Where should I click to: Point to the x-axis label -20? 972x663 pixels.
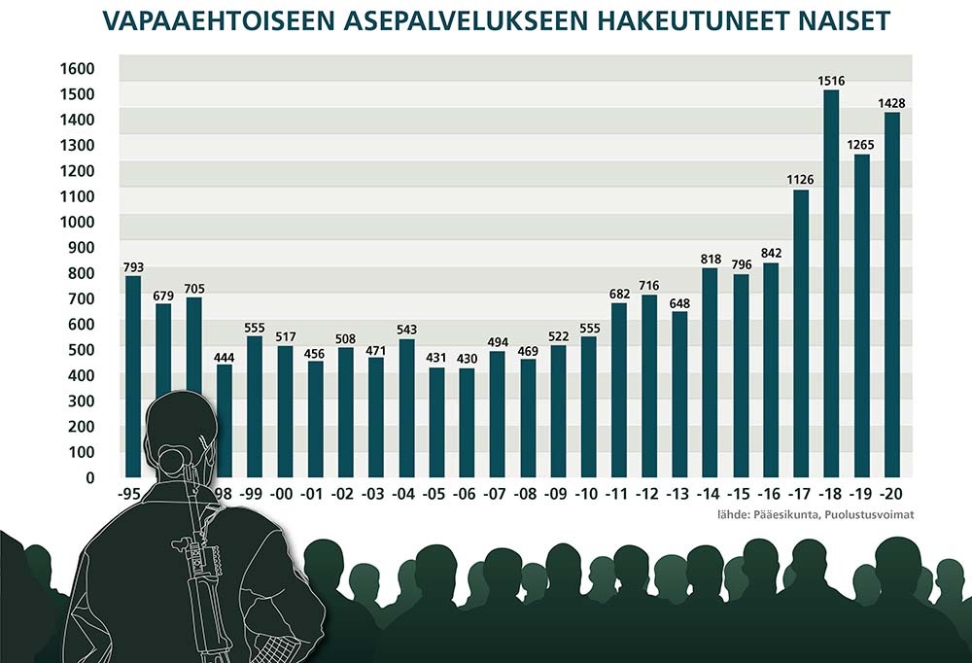pyautogui.click(x=891, y=495)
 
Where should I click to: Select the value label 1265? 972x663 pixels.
pyautogui.click(x=861, y=144)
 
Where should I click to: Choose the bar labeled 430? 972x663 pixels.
pyautogui.click(x=467, y=422)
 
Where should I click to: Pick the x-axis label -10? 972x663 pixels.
pyautogui.click(x=588, y=495)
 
